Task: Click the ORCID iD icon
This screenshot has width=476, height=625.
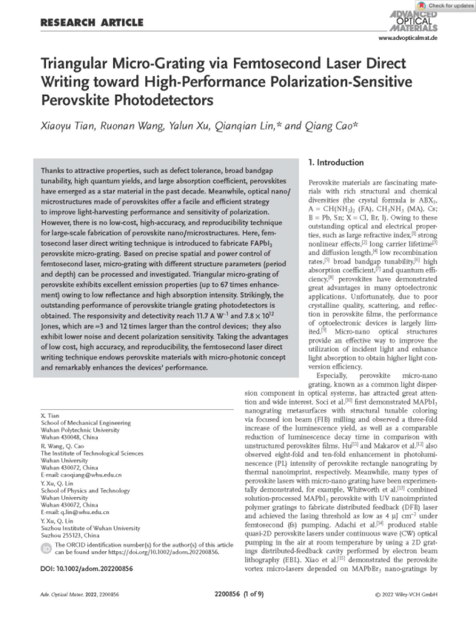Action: tap(46, 548)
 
